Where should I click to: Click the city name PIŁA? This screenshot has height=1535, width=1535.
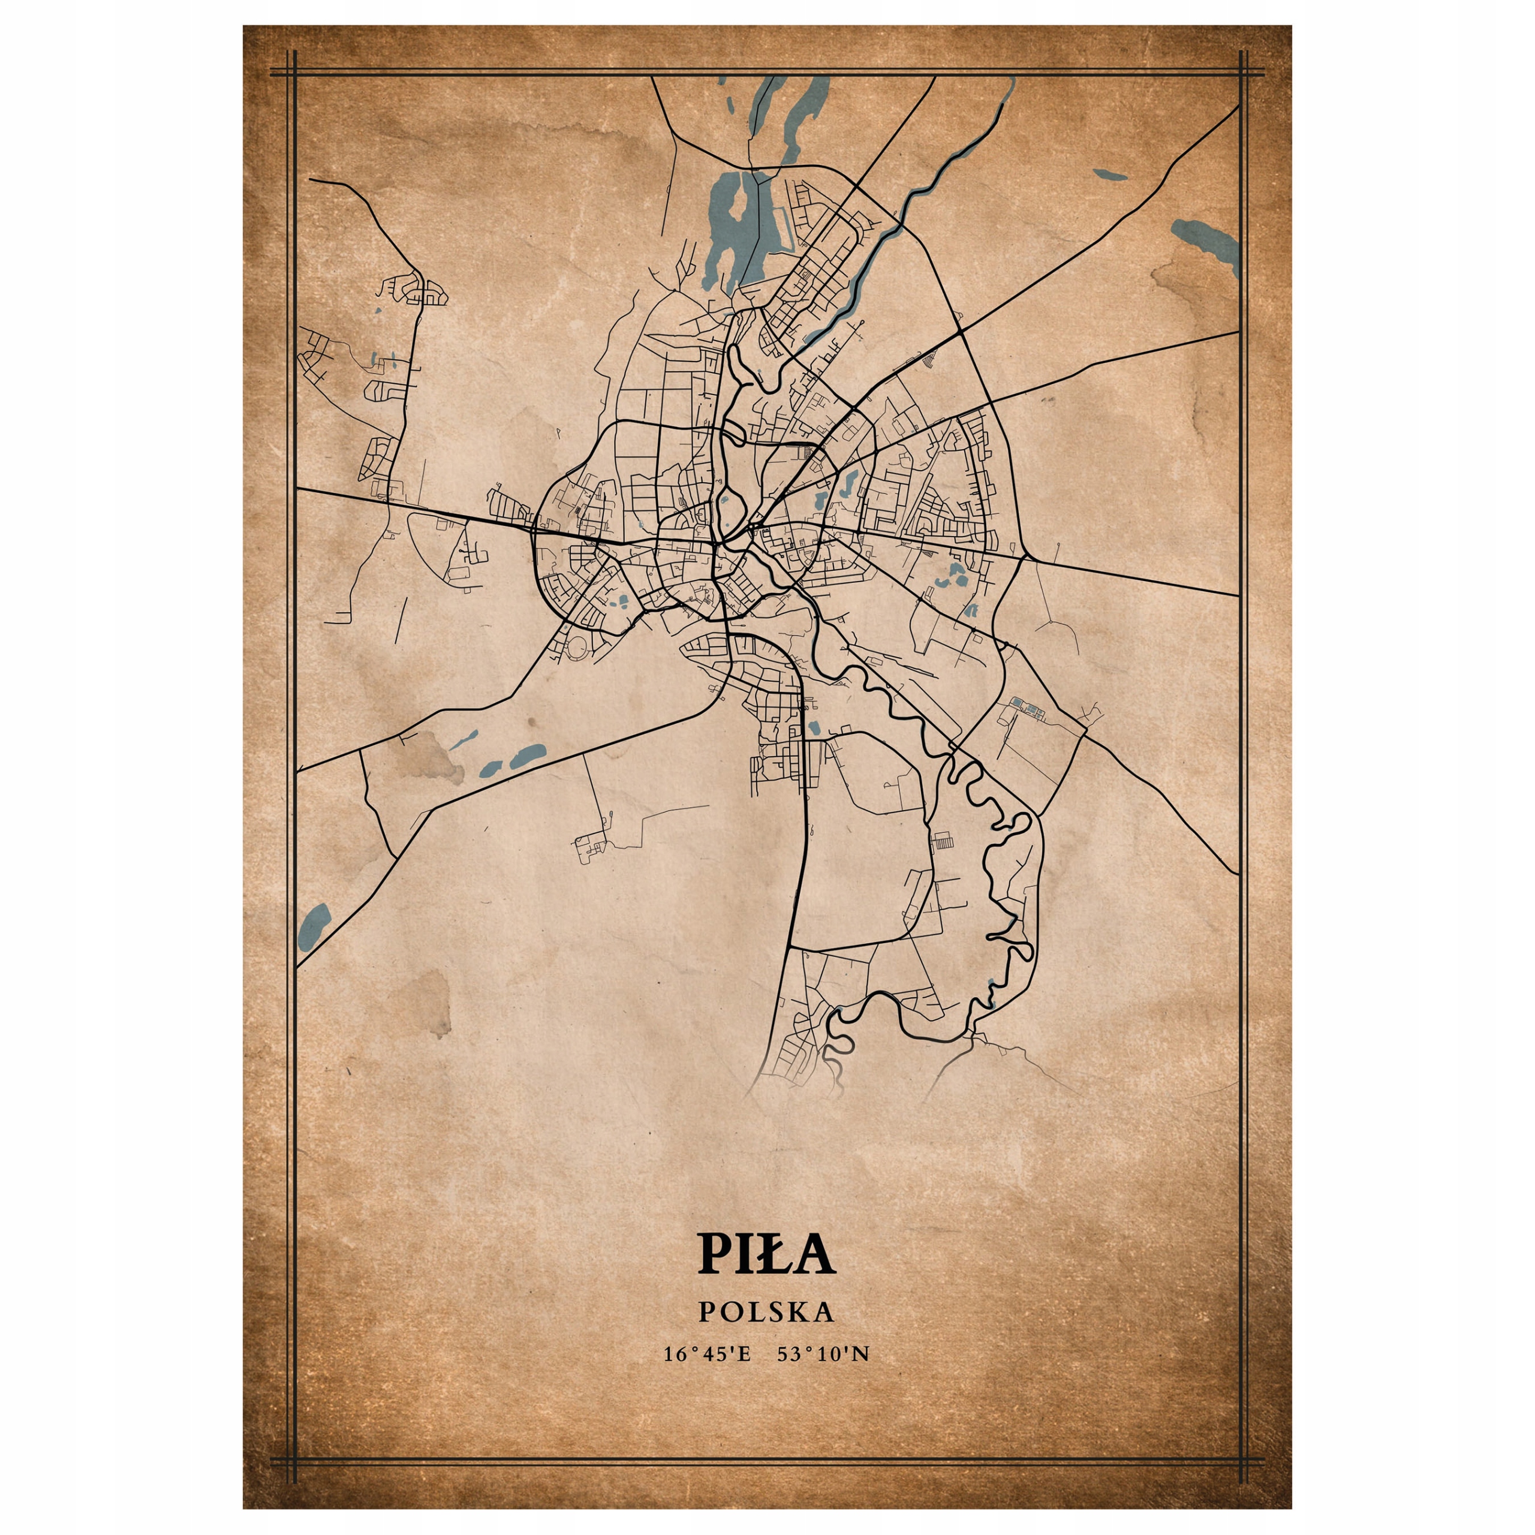pos(767,1253)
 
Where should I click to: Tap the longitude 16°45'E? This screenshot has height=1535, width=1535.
pos(707,1354)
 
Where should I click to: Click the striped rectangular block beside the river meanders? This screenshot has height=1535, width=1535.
pos(944,841)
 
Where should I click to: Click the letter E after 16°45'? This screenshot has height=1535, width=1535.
pos(745,1354)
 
